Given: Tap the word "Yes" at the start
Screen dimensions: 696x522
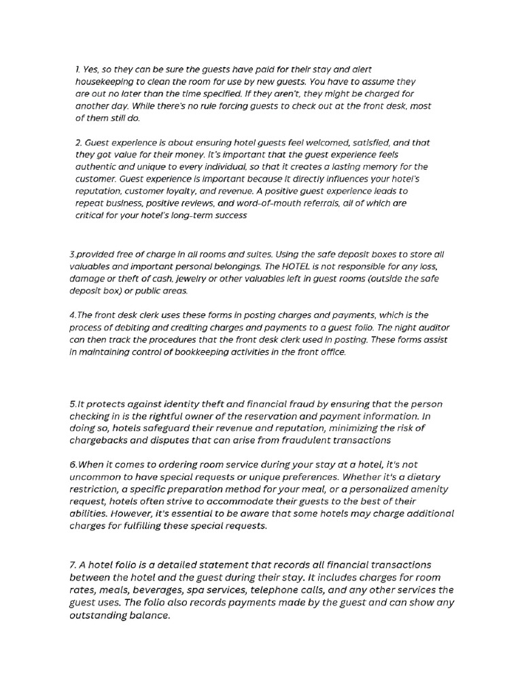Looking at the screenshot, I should [91, 70].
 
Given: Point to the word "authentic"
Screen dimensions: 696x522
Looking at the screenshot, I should [98, 167].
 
